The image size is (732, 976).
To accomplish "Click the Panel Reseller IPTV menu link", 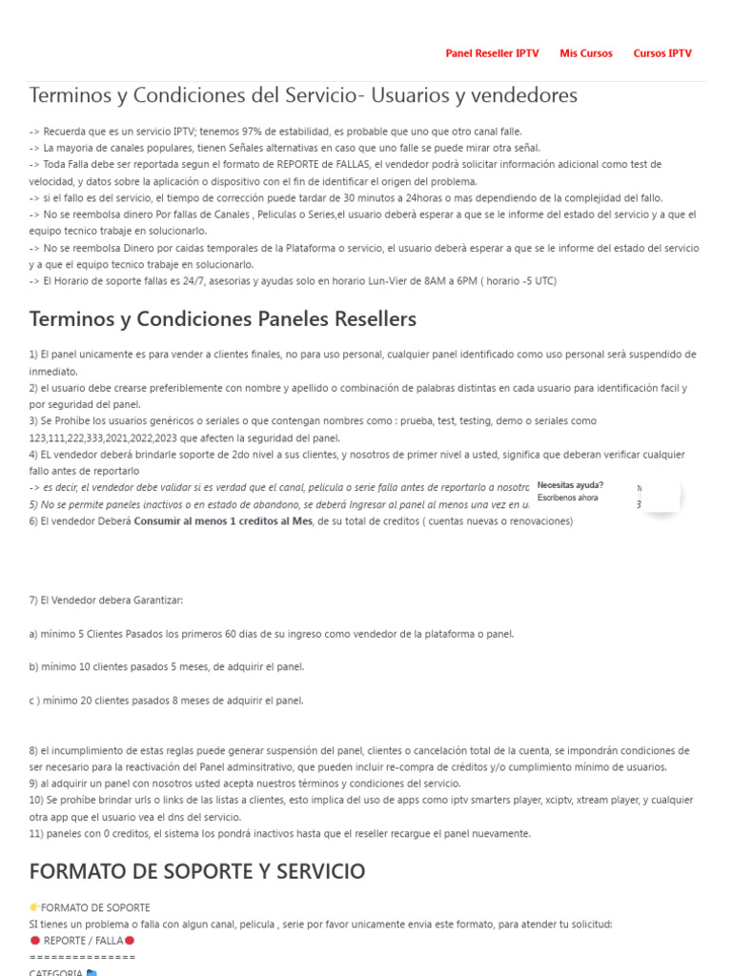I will pos(492,53).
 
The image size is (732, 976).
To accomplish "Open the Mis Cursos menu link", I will pos(586,53).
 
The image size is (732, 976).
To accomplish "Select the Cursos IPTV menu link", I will pos(662,53).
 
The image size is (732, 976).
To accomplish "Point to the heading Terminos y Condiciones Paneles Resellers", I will pos(223,318).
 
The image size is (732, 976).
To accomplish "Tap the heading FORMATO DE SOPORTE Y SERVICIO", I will pos(197,871).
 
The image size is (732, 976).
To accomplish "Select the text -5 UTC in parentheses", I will pos(533,281).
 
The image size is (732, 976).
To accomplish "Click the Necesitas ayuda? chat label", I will pos(570,485).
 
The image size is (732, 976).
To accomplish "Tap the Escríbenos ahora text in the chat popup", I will pos(568,498).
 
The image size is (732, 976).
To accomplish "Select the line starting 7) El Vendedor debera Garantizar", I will pos(106,600).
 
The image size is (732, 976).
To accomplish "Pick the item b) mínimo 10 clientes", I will pos(167,667).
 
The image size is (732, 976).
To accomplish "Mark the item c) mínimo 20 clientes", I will pos(167,701).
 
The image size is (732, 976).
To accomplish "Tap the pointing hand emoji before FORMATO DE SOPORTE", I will pos(34,907).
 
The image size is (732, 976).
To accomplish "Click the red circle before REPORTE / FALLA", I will pos(34,941).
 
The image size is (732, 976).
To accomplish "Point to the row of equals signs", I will pos(82,957).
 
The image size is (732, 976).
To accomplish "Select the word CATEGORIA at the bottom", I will pos(55,972).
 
